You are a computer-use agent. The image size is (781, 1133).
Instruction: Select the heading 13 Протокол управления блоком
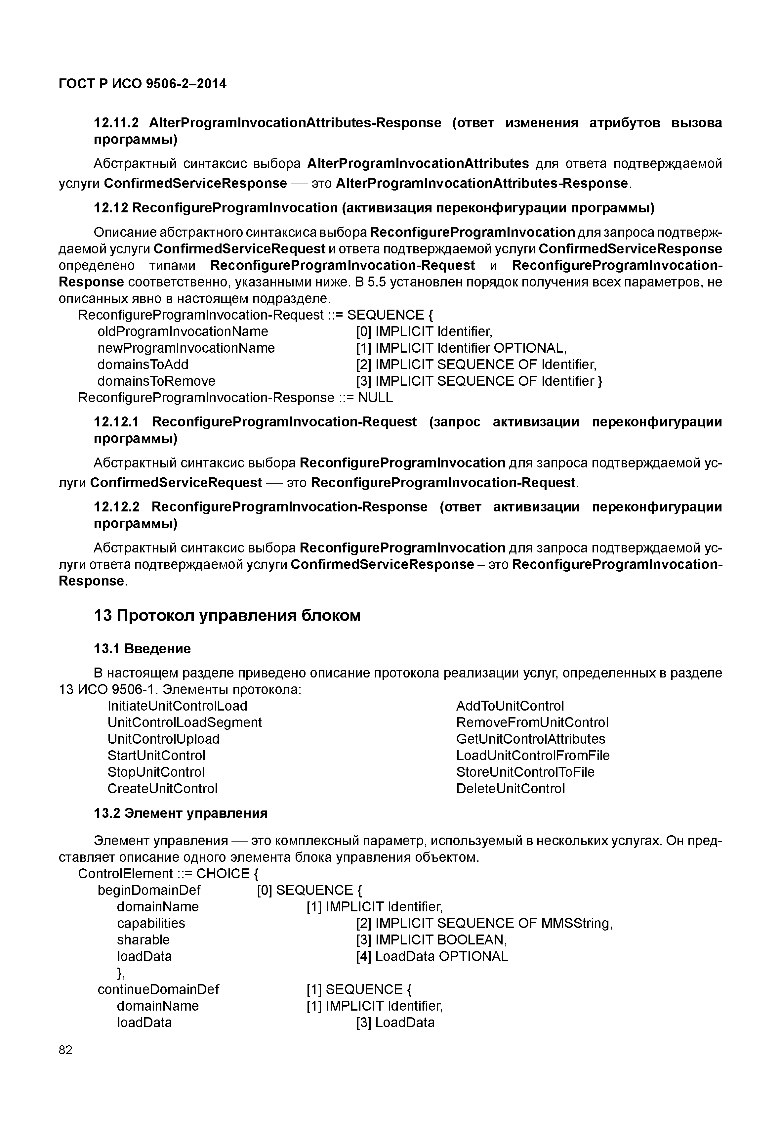227,615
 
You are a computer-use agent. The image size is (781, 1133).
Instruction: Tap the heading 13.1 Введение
142,648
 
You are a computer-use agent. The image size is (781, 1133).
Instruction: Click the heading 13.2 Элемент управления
181,813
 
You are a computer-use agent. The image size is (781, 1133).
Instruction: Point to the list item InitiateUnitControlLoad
177,706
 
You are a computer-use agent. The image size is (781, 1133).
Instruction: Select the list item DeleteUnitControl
511,788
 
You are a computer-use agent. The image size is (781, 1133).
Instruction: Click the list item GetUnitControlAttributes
530,739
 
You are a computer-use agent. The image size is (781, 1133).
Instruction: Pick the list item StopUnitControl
156,772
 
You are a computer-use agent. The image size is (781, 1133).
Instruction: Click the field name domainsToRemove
156,381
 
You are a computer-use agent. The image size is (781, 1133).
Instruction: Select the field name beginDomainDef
149,890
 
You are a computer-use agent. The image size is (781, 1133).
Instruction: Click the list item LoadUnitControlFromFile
533,756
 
